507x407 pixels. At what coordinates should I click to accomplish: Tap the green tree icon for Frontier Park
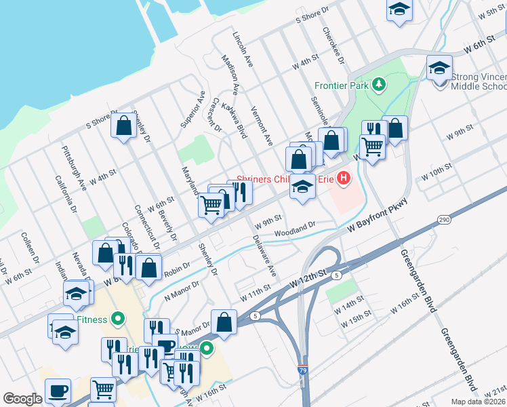click(x=380, y=85)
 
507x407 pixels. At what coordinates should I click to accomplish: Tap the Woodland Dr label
click(x=295, y=229)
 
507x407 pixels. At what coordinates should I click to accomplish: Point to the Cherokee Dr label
click(x=333, y=45)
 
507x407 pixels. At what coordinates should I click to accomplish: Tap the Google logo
click(x=22, y=399)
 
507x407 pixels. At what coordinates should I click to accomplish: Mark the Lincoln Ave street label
click(x=242, y=48)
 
